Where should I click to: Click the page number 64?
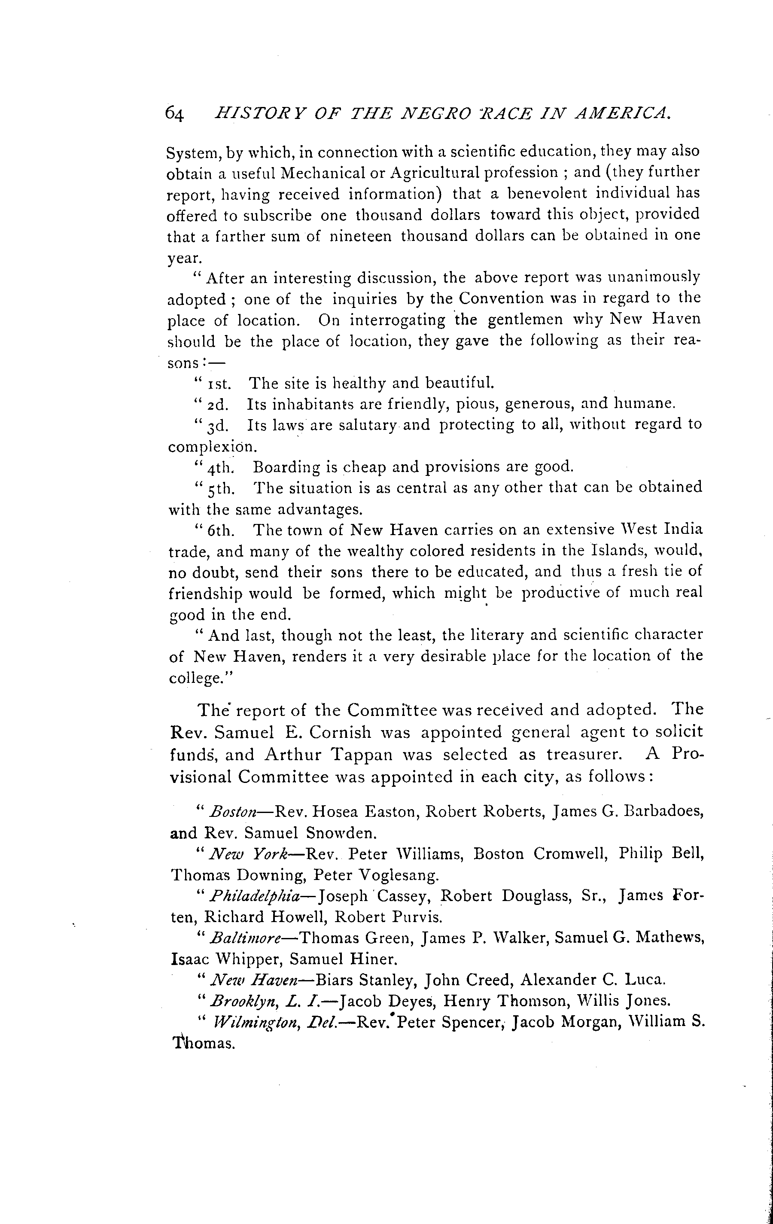click(x=174, y=114)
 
